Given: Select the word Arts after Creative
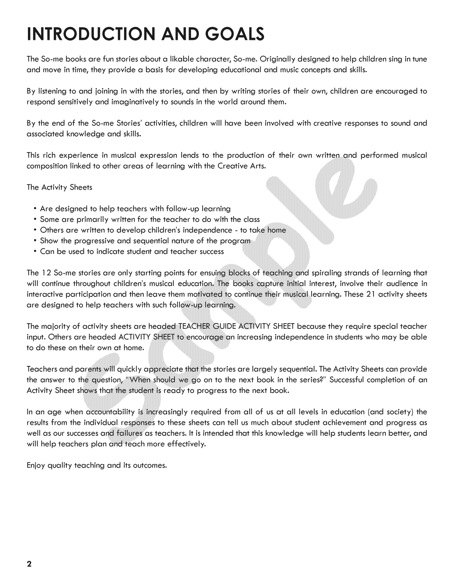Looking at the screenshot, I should click(x=258, y=166).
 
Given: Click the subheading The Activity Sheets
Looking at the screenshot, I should click(x=59, y=187).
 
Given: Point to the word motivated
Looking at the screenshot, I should click(x=205, y=294).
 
